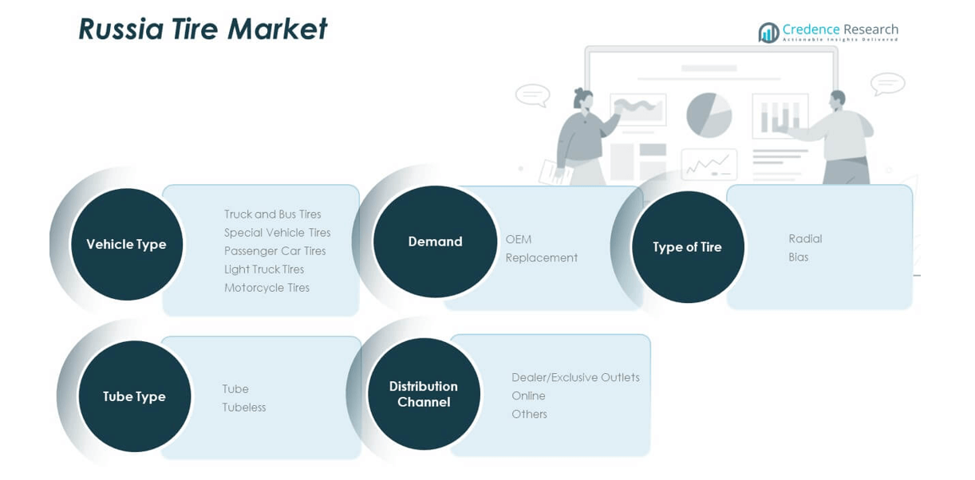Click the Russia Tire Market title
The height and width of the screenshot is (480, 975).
click(203, 30)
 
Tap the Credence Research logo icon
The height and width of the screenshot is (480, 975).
click(768, 33)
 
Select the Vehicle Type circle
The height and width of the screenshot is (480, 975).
click(127, 244)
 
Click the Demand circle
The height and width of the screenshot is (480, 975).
click(435, 242)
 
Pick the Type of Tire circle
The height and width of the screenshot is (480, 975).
click(687, 247)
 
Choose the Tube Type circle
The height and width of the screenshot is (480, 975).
click(134, 396)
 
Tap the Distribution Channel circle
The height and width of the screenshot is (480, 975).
click(424, 394)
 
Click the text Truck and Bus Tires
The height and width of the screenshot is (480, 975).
click(272, 214)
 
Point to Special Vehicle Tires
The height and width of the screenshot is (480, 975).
click(277, 233)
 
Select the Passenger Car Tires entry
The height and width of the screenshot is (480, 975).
click(274, 251)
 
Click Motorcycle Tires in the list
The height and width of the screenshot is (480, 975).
click(266, 288)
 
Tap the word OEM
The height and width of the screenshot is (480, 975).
click(518, 239)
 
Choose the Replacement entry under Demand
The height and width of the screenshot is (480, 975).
click(541, 258)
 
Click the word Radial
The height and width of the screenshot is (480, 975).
click(804, 238)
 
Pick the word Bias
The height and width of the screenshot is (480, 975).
click(798, 257)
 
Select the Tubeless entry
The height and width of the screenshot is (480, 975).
click(243, 407)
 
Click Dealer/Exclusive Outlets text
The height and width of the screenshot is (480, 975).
click(575, 377)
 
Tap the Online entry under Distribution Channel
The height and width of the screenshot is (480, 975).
click(528, 395)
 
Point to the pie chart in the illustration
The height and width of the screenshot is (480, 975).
click(709, 115)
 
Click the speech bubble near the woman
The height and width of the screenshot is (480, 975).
click(532, 95)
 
